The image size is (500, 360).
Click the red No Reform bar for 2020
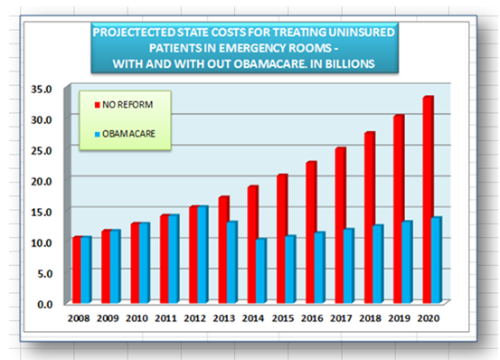point(428,199)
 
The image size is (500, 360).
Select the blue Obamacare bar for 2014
point(262,270)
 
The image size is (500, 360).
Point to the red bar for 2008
point(77,270)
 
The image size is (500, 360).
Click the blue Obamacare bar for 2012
point(203,254)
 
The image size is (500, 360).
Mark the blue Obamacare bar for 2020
point(438,260)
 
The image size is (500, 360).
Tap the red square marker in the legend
point(98,106)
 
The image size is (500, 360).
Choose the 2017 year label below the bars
point(343,318)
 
